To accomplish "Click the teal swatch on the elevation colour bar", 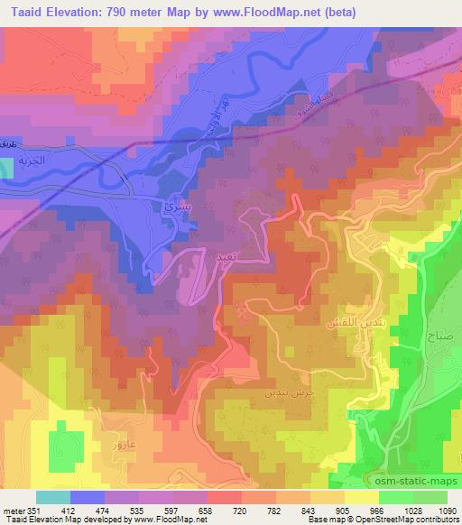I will click(x=52, y=497).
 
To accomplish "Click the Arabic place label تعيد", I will click(x=226, y=257).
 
